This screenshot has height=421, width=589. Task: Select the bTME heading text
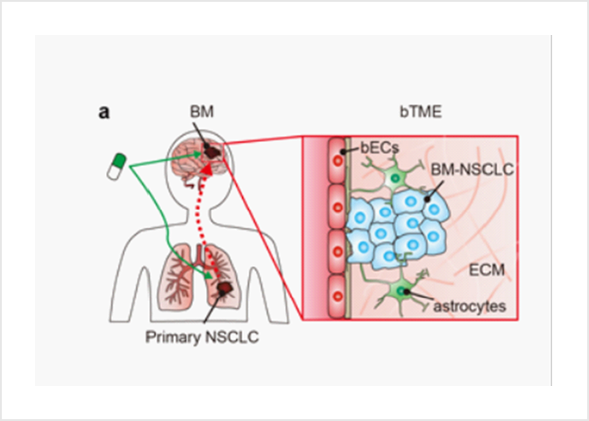point(410,113)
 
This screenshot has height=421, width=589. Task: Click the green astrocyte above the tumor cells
point(394,180)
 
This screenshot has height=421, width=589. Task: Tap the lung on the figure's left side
point(175,281)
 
